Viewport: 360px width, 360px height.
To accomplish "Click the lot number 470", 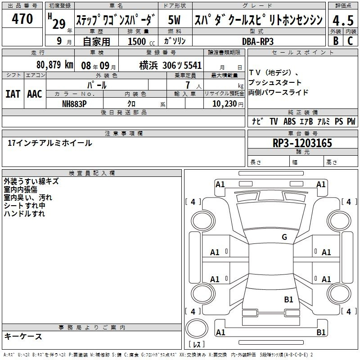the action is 22,18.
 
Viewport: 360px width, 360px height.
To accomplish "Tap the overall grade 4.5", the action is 343,20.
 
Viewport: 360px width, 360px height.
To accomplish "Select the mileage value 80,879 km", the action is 55,65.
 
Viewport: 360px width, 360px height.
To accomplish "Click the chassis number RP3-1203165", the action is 302,143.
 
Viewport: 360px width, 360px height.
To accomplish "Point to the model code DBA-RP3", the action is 257,41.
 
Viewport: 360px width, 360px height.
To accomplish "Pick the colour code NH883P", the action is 74,104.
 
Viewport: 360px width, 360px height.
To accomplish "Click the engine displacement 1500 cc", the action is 141,41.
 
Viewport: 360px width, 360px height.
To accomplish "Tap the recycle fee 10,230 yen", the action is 228,104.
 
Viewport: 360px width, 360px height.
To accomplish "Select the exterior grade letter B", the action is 336,41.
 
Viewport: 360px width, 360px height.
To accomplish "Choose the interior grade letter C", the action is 350,41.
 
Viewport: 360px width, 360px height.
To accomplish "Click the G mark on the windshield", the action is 284,237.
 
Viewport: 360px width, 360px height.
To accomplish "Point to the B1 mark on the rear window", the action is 288,299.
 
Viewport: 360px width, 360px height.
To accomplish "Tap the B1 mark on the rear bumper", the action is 321,332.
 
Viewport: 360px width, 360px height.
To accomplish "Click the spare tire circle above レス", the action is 197,328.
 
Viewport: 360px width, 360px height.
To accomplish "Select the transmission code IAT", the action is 13,94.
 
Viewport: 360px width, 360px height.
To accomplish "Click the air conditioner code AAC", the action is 35,94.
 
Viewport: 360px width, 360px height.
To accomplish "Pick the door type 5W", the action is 174,20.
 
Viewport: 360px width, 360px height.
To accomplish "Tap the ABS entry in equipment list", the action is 289,121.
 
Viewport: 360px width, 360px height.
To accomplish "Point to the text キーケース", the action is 23,336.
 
